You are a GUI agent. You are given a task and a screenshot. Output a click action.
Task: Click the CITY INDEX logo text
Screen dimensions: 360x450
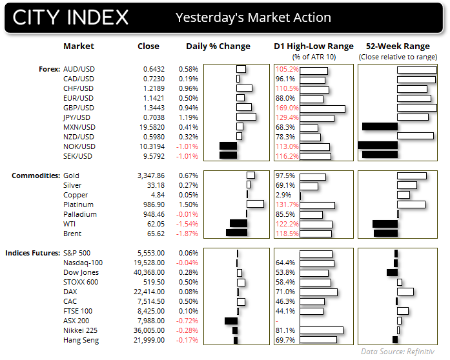[x=69, y=17]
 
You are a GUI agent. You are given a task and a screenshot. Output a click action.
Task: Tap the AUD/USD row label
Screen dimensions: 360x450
[x=79, y=69]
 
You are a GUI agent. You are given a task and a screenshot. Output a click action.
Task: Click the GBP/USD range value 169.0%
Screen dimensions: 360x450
[x=287, y=108]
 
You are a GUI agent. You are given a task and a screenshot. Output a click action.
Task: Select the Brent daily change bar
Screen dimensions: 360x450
[x=236, y=234]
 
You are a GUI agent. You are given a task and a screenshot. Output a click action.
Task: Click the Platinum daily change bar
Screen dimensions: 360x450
[x=255, y=205]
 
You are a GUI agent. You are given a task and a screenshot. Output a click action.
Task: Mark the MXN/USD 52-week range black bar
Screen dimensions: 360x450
[x=380, y=127]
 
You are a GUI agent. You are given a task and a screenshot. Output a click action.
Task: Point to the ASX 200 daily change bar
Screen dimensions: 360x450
[x=230, y=321]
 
